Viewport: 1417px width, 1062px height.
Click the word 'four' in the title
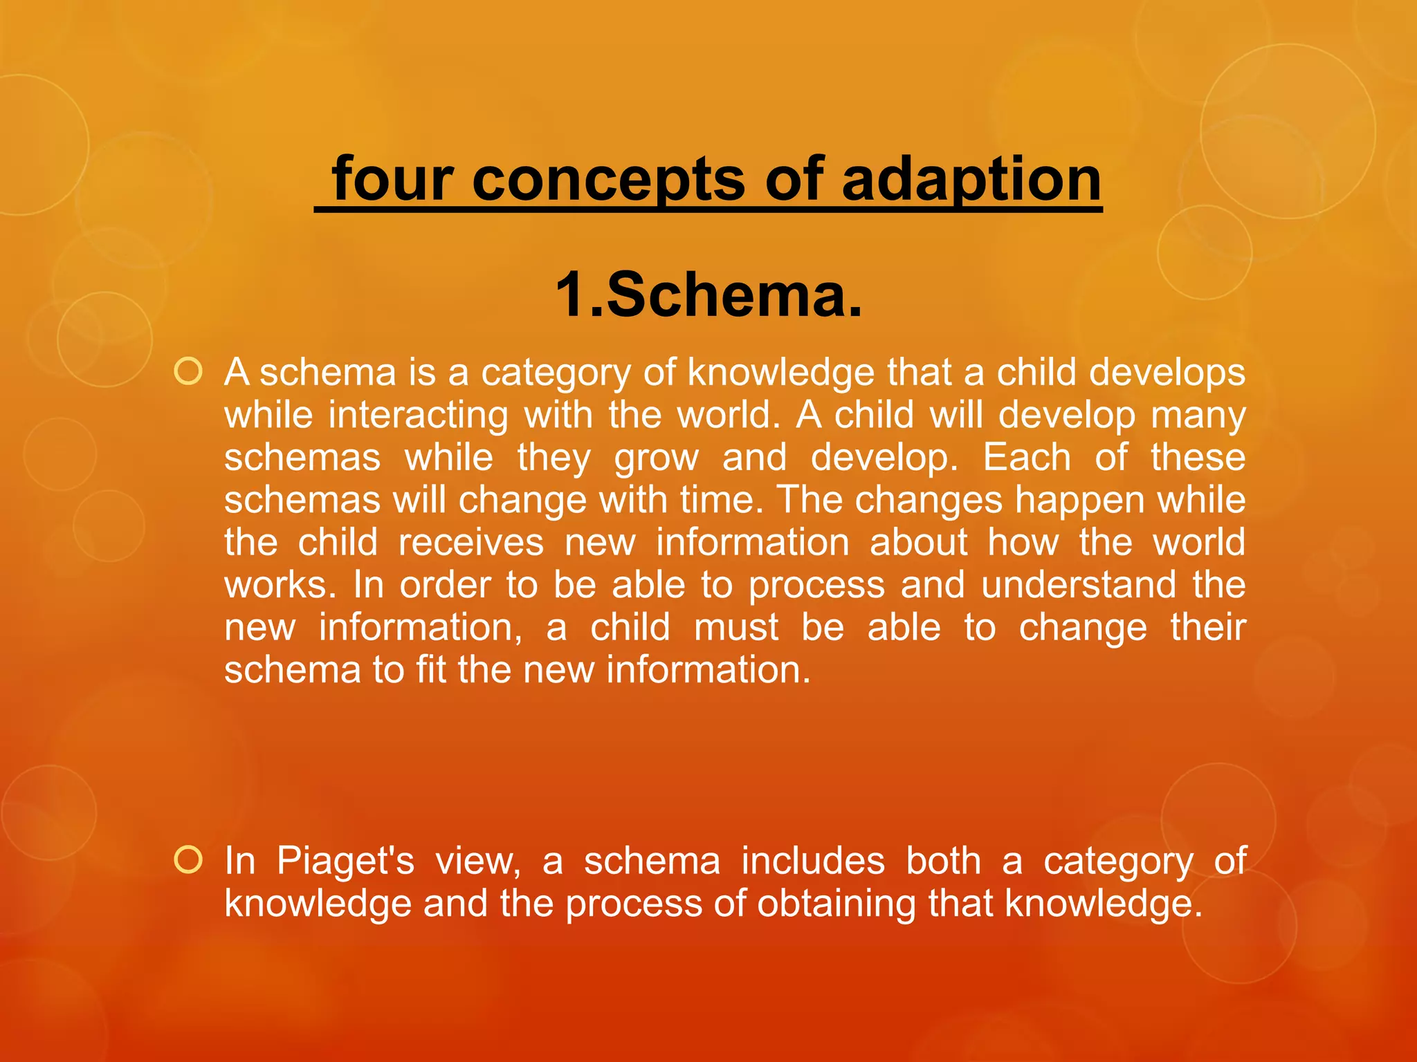[x=392, y=179]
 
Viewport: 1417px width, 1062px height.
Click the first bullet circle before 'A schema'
[x=188, y=372]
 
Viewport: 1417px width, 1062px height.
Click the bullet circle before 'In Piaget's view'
[x=188, y=860]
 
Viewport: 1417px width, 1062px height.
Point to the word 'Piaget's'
[x=345, y=861]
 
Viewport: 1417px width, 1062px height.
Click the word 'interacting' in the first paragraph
[x=418, y=415]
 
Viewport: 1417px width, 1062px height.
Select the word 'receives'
[x=471, y=543]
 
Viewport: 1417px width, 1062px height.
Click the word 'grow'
[x=657, y=458]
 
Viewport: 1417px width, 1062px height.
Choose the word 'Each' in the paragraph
[x=1027, y=458]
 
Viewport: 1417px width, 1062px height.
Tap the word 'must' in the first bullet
[x=736, y=628]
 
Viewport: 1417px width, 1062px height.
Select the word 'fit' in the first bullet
[x=431, y=670]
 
